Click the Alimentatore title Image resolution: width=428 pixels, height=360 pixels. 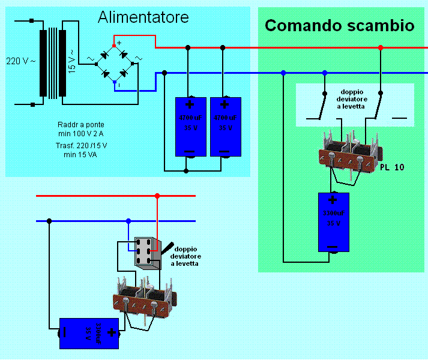click(143, 17)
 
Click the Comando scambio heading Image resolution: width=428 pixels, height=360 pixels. click(339, 26)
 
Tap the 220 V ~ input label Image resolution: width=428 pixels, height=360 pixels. click(20, 61)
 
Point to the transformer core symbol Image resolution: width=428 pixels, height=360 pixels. click(54, 63)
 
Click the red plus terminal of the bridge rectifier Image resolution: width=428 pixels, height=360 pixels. click(115, 46)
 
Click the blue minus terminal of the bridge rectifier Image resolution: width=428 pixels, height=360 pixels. click(115, 81)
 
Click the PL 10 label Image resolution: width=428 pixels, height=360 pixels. click(392, 167)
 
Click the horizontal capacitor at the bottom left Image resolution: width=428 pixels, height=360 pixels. click(89, 332)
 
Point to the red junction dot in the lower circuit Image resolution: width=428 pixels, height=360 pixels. click(157, 196)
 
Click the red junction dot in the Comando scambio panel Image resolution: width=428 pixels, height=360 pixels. click(381, 47)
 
